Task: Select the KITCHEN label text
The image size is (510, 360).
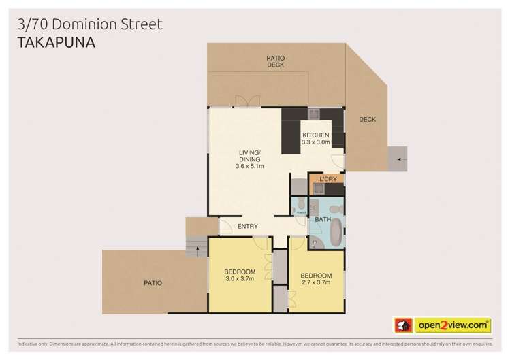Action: coord(315,135)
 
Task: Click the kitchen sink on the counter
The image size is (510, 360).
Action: coord(314,114)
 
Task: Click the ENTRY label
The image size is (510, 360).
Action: coord(246,227)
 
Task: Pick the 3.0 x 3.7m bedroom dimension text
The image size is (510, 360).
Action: coord(239,278)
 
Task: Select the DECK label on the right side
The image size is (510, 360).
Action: coord(368,120)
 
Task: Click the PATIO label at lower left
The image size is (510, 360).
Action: coord(153,282)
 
